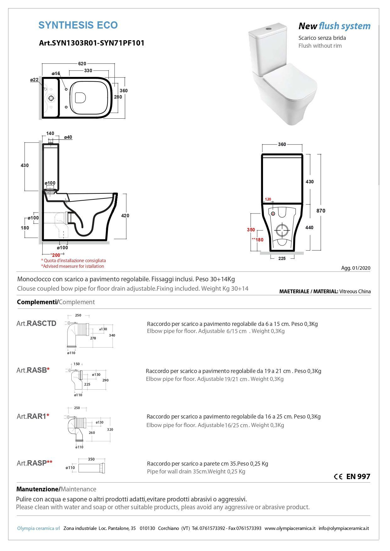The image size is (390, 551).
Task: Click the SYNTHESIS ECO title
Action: [x=78, y=25]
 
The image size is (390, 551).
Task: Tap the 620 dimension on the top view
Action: [x=82, y=64]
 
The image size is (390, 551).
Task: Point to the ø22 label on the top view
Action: [x=34, y=80]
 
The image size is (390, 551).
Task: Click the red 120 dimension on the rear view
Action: [x=268, y=199]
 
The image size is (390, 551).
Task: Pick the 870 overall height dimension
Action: [x=321, y=211]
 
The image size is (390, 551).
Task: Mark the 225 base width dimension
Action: [x=282, y=258]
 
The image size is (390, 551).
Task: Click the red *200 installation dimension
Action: [x=55, y=255]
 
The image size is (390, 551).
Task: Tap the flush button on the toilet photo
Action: [x=268, y=28]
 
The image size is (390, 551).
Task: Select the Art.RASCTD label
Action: [x=36, y=323]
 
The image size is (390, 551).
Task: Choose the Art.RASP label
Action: [x=34, y=463]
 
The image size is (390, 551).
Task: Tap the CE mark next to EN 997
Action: [x=338, y=477]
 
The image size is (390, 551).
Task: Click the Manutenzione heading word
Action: [x=38, y=489]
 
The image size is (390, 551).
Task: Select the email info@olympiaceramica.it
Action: [x=343, y=528]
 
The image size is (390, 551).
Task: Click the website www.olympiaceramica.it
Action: [x=290, y=528]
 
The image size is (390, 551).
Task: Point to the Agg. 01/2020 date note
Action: [x=356, y=268]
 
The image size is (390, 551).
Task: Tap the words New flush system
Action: [x=334, y=26]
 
